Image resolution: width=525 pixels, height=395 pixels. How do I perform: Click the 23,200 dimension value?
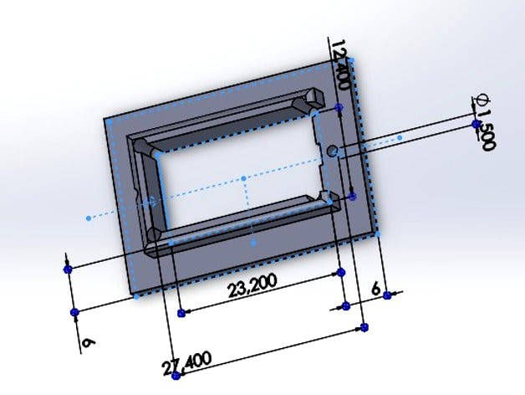click(252, 287)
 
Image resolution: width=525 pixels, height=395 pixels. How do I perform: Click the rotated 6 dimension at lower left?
click(86, 343)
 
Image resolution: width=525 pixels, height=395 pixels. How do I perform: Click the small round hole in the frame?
click(332, 151)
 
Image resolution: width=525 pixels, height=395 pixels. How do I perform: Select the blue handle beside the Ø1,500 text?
click(476, 125)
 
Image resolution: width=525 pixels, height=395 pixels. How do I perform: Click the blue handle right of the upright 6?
click(387, 295)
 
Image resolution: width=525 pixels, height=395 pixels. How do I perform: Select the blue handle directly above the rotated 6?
click(74, 312)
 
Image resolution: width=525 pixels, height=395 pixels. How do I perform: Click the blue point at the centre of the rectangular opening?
click(243, 178)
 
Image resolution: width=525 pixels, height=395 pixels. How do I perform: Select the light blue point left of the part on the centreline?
click(88, 218)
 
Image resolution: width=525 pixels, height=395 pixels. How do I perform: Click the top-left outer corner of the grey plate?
click(105, 119)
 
